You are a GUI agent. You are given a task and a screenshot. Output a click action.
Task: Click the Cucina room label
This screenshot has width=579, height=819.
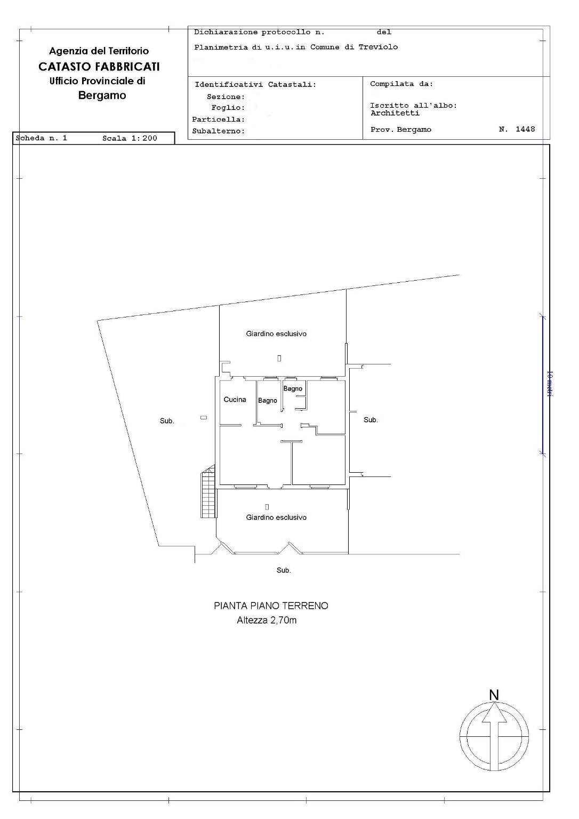[x=235, y=400]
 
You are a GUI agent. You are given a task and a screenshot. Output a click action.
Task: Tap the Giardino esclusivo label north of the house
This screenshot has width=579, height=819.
[x=276, y=333]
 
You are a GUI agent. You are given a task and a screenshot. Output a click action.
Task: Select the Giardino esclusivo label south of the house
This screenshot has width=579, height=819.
[x=276, y=518]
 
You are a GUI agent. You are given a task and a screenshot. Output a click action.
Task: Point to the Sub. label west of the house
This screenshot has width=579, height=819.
[x=167, y=421]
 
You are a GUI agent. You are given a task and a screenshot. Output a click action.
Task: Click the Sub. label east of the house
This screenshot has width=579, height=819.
[x=371, y=420]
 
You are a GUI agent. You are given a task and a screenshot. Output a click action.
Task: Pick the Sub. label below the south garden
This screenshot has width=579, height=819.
[x=284, y=570]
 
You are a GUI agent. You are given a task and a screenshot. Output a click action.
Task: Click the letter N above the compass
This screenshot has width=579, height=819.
[x=494, y=695]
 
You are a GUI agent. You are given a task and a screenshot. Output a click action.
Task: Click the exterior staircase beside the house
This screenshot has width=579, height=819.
[x=207, y=492]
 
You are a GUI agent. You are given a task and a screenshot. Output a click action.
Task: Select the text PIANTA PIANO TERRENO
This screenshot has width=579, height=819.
[x=271, y=606]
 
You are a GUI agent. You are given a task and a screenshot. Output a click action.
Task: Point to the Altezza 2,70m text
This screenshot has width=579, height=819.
[x=267, y=620]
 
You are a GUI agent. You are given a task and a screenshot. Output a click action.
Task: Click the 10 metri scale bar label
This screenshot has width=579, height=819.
[x=550, y=384]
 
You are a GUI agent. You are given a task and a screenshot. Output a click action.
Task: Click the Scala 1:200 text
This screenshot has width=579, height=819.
[x=130, y=138]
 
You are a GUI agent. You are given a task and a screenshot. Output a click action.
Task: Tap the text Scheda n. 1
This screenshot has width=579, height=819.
[x=41, y=138]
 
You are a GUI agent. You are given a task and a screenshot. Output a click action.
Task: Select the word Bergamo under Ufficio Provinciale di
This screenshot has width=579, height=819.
[x=102, y=96]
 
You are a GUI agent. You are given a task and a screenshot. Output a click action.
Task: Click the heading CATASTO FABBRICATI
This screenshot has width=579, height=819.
[x=99, y=67]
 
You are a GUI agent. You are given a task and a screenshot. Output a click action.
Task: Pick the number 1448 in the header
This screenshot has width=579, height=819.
[x=525, y=129]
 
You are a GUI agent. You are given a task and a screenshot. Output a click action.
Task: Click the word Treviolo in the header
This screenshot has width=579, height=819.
[x=378, y=47]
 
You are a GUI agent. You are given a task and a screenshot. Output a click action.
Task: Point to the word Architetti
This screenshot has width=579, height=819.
[x=395, y=113]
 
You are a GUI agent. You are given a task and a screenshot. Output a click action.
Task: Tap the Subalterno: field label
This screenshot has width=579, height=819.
[x=219, y=131]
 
